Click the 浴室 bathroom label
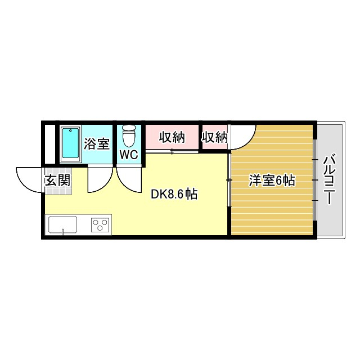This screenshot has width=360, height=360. tap(96, 143)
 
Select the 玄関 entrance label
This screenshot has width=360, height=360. tap(57, 181)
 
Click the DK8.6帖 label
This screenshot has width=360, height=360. tap(174, 195)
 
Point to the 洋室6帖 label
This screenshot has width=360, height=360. tap(272, 181)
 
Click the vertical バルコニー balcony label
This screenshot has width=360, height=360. tap(330, 180)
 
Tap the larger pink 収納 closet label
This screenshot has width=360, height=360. tap(172, 137)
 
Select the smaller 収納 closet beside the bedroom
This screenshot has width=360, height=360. tap(214, 137)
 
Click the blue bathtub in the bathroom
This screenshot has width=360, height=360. tap(70, 143)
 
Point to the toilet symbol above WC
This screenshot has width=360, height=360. tap(129, 136)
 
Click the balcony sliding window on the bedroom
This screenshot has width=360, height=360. tap(315, 180)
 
